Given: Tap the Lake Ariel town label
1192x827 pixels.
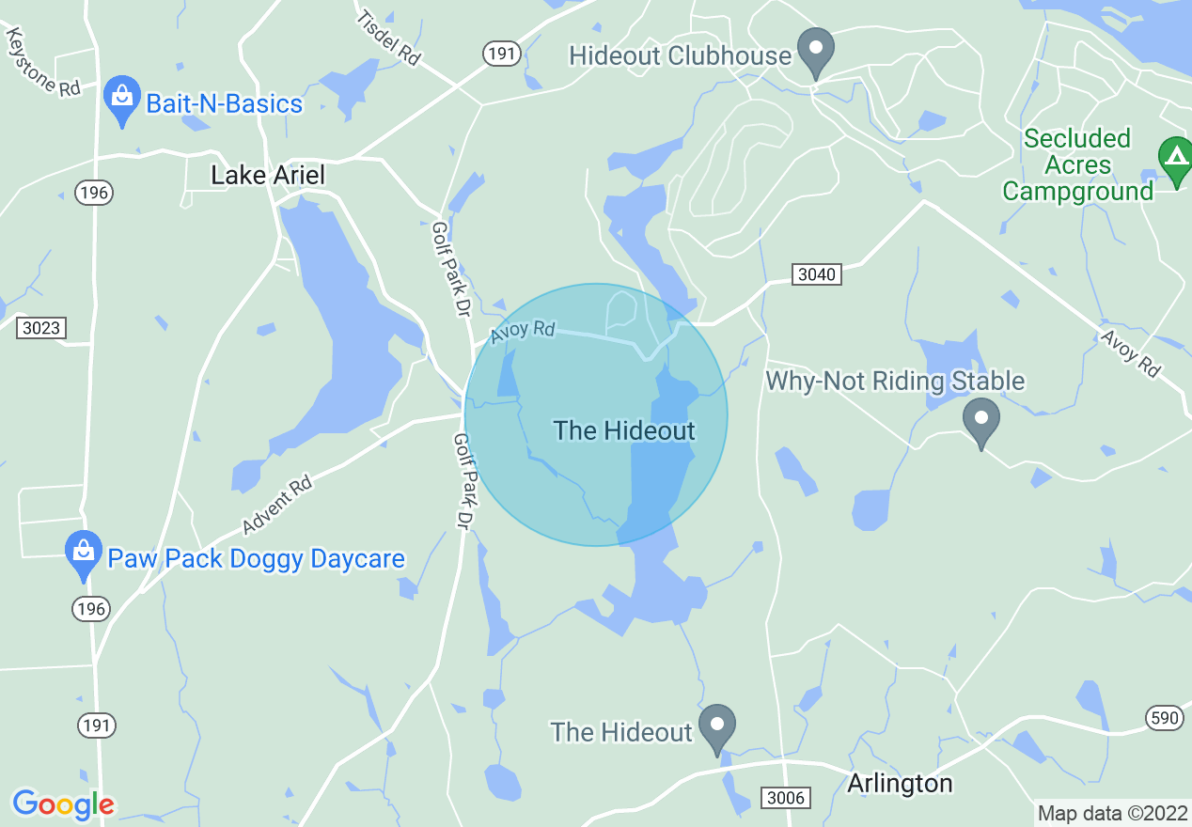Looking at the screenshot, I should [267, 175].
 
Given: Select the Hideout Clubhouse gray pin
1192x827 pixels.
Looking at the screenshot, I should [815, 52].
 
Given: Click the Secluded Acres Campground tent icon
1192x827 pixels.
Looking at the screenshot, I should [1175, 159].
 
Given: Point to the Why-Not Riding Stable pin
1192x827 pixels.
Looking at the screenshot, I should [981, 421].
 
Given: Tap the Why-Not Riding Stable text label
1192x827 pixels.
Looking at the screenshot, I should [895, 381].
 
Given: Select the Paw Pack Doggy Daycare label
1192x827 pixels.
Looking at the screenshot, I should [256, 559].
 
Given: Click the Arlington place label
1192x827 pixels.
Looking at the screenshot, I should [900, 783].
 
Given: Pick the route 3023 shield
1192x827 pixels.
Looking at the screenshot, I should [41, 328].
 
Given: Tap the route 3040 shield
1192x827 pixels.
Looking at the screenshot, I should [815, 274].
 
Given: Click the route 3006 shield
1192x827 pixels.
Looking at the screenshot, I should [786, 797].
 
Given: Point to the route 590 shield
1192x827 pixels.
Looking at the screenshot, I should [1163, 718].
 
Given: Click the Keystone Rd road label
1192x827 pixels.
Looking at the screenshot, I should [43, 61].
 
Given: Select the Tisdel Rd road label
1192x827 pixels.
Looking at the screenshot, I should [387, 38].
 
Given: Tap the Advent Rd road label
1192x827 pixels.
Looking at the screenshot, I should [276, 505].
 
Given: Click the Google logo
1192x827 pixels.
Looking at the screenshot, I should [63, 804].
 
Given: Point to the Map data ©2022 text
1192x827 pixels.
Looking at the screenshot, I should [1112, 813].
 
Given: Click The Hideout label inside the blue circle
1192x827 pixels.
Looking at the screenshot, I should [624, 430].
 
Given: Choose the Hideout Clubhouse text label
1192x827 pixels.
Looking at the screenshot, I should [680, 55].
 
